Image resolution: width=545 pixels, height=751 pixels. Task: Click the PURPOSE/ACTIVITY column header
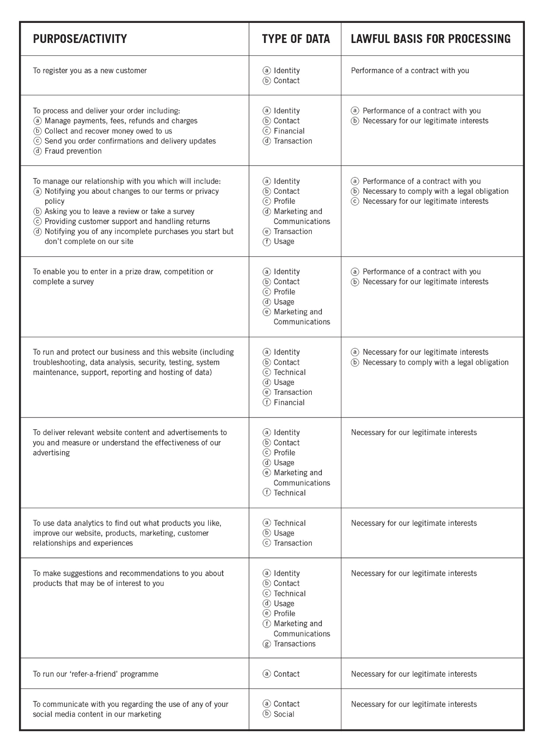point(80,39)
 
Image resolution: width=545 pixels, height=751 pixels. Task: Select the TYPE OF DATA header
point(296,39)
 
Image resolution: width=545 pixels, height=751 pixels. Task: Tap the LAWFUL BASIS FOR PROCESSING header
point(431,39)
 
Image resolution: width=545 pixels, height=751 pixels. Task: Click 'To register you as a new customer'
point(90,71)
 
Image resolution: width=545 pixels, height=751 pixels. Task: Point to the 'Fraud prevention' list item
point(73,151)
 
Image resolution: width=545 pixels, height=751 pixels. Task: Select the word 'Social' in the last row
point(284,714)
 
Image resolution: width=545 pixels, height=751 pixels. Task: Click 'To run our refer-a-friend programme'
point(95,674)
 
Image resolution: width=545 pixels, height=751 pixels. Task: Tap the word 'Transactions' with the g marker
point(295,644)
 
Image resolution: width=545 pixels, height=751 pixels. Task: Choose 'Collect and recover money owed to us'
point(108,131)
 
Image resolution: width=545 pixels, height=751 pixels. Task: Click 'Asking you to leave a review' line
point(119,212)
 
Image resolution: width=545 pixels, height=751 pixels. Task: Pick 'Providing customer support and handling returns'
point(127,222)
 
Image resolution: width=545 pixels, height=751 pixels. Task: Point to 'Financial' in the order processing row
point(289,131)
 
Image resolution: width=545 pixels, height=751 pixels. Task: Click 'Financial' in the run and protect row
point(289,403)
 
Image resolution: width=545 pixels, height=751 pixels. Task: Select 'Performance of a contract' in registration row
point(410,71)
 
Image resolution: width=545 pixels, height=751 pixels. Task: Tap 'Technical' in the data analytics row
point(290,523)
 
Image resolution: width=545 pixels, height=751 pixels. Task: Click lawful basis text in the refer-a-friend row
point(414,674)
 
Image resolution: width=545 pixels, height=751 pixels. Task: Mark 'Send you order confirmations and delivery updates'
point(130,141)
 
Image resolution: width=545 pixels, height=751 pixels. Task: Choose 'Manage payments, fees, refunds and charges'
point(121,121)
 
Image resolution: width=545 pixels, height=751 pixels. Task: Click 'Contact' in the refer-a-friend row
point(287,674)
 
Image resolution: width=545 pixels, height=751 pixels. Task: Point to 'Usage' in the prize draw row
point(284,302)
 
